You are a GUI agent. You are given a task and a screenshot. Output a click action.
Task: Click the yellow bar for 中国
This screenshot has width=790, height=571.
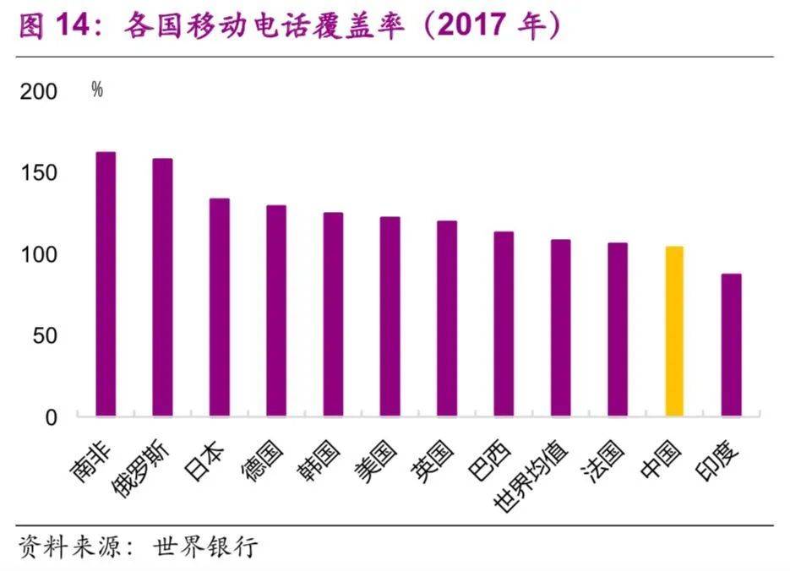tap(673, 331)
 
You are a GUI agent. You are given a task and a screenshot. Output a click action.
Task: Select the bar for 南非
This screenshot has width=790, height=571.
tap(106, 284)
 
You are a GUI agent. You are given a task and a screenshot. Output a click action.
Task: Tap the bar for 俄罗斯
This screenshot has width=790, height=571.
tap(162, 287)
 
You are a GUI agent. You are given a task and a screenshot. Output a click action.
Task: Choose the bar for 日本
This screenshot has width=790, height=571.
tap(220, 307)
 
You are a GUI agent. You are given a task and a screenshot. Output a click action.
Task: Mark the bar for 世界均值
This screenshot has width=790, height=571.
tap(560, 328)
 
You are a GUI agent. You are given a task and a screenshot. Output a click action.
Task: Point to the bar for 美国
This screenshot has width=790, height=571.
tap(390, 317)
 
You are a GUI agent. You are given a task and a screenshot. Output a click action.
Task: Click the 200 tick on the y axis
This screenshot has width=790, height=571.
tap(38, 92)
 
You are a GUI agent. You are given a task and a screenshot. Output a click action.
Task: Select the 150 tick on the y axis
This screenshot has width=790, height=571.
tap(38, 173)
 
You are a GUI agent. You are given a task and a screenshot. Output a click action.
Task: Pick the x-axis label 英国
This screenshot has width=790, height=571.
tap(434, 462)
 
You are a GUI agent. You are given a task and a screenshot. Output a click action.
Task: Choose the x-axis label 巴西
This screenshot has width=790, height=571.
tap(491, 462)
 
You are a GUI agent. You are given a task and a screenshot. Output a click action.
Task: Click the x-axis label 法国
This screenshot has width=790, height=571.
tap(605, 462)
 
